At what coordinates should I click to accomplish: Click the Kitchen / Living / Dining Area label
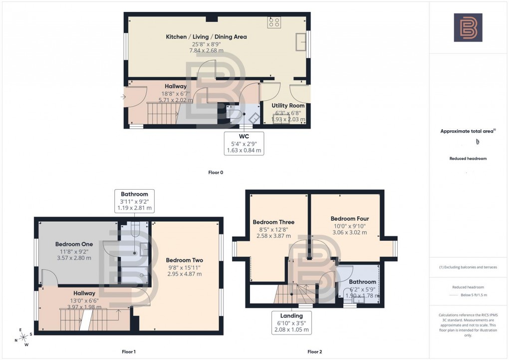pos(206,37)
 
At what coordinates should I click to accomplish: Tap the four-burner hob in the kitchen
pos(274,22)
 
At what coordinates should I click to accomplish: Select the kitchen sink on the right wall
pos(301,42)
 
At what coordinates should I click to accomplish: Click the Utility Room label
pos(288,106)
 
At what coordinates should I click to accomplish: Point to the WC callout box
pos(245,143)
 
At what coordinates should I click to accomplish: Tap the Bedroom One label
pos(73,244)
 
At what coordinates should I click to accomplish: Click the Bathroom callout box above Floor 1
pos(134,201)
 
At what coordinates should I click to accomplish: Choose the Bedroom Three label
pos(273,222)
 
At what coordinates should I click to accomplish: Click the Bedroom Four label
pos(349,219)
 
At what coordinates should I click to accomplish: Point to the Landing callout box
pos(291,323)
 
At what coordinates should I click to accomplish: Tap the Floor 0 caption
pos(216,173)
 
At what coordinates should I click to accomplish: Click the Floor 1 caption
pos(128,352)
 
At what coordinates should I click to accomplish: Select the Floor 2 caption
pos(314,352)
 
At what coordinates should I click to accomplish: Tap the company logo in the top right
pos(468,27)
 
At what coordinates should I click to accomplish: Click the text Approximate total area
pos(467,132)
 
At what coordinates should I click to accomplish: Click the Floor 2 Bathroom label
pos(363,282)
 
